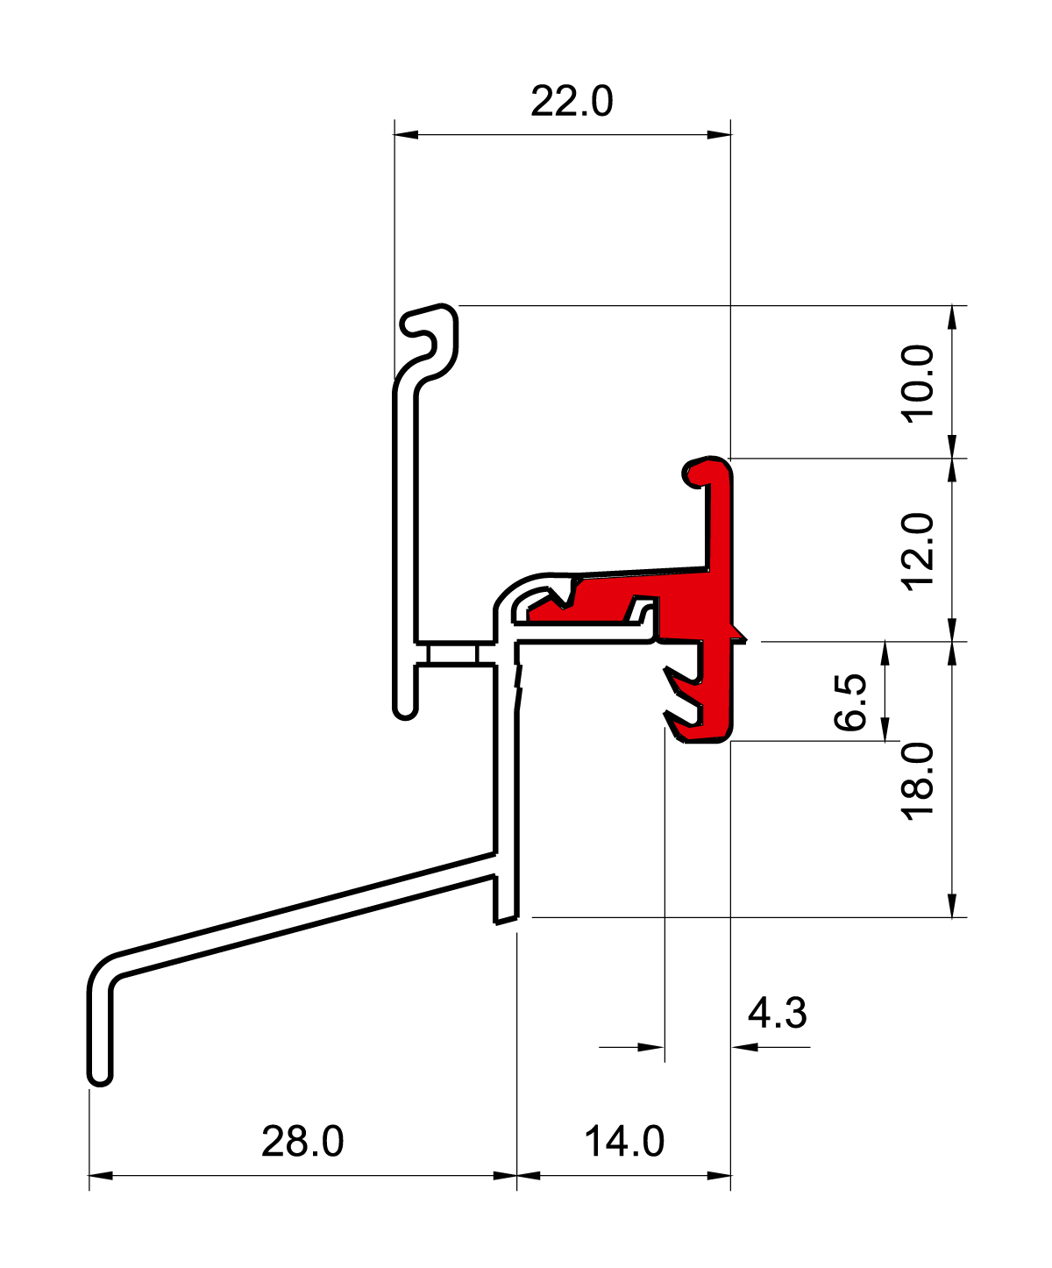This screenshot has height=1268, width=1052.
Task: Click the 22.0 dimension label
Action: tap(572, 102)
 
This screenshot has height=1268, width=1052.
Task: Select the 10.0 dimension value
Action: tap(920, 383)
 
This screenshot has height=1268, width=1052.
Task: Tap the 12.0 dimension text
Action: tap(920, 552)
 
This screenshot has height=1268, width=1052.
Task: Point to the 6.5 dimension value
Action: tap(851, 702)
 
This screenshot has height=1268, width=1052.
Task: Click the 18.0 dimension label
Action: tap(920, 780)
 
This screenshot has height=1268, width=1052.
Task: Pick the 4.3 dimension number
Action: tap(777, 1014)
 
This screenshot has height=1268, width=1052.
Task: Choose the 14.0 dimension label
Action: tap(624, 1142)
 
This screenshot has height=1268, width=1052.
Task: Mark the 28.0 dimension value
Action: tap(302, 1142)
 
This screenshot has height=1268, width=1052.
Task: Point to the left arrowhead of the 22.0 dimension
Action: tap(406, 134)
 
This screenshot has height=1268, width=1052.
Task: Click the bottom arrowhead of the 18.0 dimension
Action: tap(953, 907)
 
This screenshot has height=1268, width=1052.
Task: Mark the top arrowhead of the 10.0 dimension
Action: tap(953, 317)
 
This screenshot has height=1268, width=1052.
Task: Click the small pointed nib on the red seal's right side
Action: tap(742, 636)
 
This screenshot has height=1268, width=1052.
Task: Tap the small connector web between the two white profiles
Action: tap(452, 655)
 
